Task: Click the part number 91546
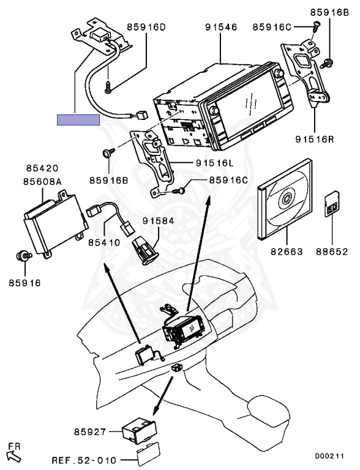pyautogui.click(x=221, y=28)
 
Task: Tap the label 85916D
pyautogui.click(x=146, y=27)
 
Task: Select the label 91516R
pyautogui.click(x=315, y=139)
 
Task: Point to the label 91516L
pyautogui.click(x=214, y=163)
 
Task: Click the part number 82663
pyautogui.click(x=287, y=251)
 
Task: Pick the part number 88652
pyautogui.click(x=332, y=251)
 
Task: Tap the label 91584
pyautogui.click(x=158, y=221)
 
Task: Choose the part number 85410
pyautogui.click(x=104, y=242)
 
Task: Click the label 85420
pyautogui.click(x=42, y=168)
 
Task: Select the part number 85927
pyautogui.click(x=90, y=432)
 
